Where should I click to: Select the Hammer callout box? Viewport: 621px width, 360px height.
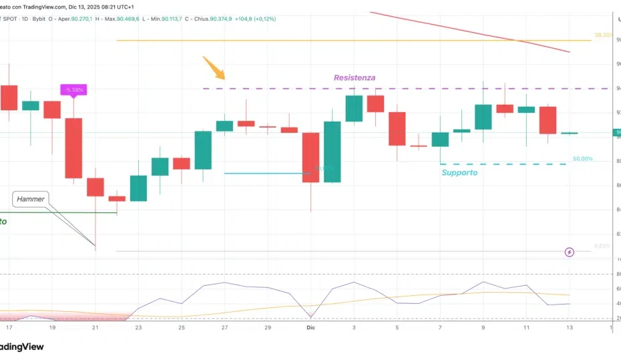coord(30,198)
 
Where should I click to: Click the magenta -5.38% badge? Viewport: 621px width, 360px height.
coord(73,89)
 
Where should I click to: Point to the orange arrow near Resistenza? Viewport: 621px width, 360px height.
coord(214,68)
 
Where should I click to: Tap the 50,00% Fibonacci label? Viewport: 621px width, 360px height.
coord(582,159)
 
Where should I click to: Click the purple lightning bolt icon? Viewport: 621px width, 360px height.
coord(569,252)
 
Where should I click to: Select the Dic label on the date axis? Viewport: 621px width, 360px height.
coord(310,328)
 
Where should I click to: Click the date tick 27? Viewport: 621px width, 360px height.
coord(224,328)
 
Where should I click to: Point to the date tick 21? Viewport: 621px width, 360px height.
coord(95,328)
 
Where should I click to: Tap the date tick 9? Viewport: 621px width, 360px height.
coord(483,328)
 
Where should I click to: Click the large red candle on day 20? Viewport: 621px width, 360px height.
coord(73,148)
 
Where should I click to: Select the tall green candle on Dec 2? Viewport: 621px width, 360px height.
coord(333,152)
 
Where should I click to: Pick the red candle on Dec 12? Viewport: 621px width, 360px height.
coord(548,120)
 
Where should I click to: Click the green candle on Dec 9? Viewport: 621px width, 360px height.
coord(483,117)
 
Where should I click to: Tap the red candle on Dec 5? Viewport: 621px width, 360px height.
coord(397,129)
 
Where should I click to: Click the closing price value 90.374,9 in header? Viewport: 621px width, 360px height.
coord(221,19)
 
